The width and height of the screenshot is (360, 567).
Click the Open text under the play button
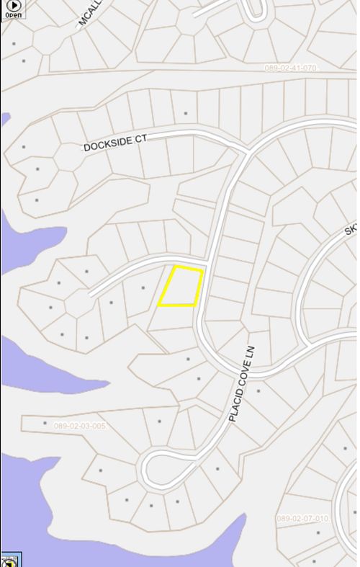coord(13,15)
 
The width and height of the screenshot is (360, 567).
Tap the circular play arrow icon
coord(13,6)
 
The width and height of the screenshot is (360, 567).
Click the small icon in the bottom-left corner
coord(10,560)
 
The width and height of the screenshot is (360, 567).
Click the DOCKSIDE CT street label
coord(114,143)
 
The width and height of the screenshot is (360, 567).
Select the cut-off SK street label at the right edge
coord(351,230)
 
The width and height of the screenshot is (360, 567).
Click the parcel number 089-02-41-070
coord(291,68)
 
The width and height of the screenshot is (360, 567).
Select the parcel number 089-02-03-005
coord(80,426)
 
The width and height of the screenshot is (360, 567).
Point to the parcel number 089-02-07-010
coord(302,518)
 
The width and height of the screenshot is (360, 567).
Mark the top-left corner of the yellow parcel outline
coord(176,266)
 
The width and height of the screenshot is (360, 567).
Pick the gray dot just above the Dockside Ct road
coord(186,113)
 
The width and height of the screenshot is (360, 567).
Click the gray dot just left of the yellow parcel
coord(144,288)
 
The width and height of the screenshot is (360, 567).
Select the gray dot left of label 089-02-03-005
coord(45,424)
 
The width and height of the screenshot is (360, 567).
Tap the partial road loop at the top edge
coord(257,10)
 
